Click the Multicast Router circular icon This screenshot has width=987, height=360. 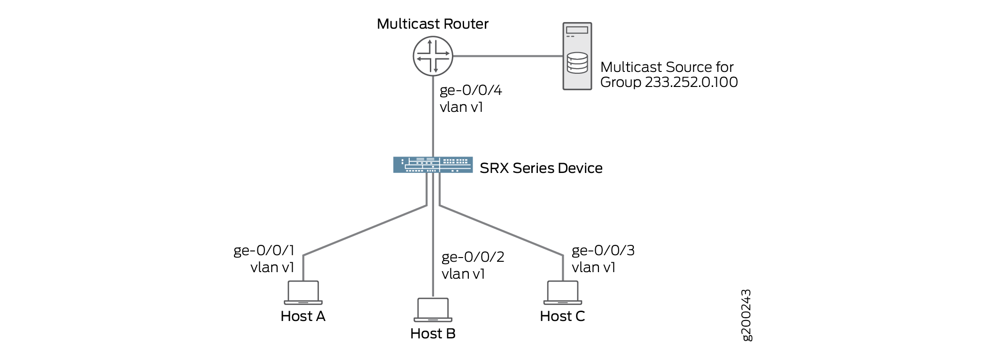433,56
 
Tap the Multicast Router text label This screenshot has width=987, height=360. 432,24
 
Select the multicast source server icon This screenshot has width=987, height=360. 577,56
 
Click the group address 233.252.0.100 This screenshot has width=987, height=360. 691,82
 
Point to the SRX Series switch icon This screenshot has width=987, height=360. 433,164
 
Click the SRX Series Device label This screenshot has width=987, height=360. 541,168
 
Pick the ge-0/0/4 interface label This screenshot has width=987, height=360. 471,90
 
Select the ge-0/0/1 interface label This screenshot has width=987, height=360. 264,250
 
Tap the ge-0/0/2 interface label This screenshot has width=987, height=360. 473,257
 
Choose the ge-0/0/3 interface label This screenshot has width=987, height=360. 603,250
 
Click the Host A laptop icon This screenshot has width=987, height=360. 303,293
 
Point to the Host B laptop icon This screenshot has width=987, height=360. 433,310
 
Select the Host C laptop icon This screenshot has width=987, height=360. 562,293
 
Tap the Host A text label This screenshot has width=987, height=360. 303,316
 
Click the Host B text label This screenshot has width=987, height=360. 433,334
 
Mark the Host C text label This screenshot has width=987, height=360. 562,316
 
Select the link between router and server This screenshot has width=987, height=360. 507,56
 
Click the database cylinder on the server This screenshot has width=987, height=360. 577,63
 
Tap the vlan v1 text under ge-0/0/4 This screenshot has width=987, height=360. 461,107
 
